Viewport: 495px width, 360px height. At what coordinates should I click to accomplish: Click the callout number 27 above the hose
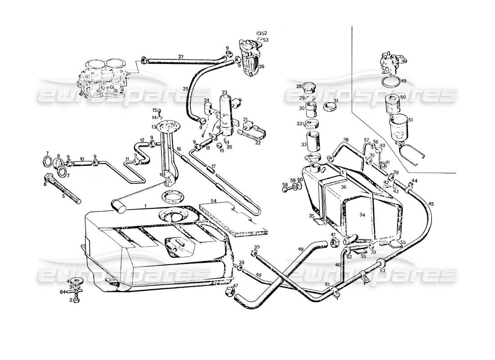pyautogui.click(x=180, y=57)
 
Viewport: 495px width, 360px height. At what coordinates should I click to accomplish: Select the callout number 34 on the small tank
pyautogui.click(x=362, y=215)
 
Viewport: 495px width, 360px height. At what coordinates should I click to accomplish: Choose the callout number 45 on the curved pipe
pyautogui.click(x=431, y=204)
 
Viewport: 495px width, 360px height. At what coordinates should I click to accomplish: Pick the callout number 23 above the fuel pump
pyautogui.click(x=224, y=93)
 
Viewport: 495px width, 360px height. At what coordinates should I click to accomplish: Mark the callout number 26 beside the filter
pyautogui.click(x=261, y=67)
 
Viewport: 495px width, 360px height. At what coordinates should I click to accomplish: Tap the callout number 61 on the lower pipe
pyautogui.click(x=328, y=285)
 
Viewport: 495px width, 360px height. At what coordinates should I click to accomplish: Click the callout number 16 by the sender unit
pyautogui.click(x=179, y=149)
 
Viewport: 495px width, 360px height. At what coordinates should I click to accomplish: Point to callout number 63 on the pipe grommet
pyautogui.click(x=382, y=271)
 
